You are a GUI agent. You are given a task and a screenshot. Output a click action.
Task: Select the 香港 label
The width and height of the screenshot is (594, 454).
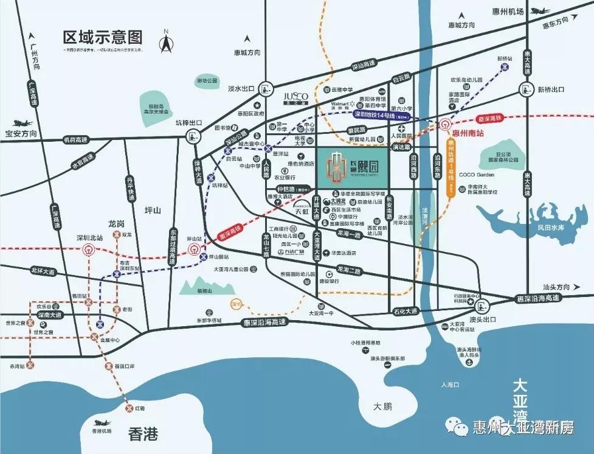coord(143,434)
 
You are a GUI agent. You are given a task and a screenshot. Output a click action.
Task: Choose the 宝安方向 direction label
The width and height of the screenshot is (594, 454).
coord(21,133)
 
